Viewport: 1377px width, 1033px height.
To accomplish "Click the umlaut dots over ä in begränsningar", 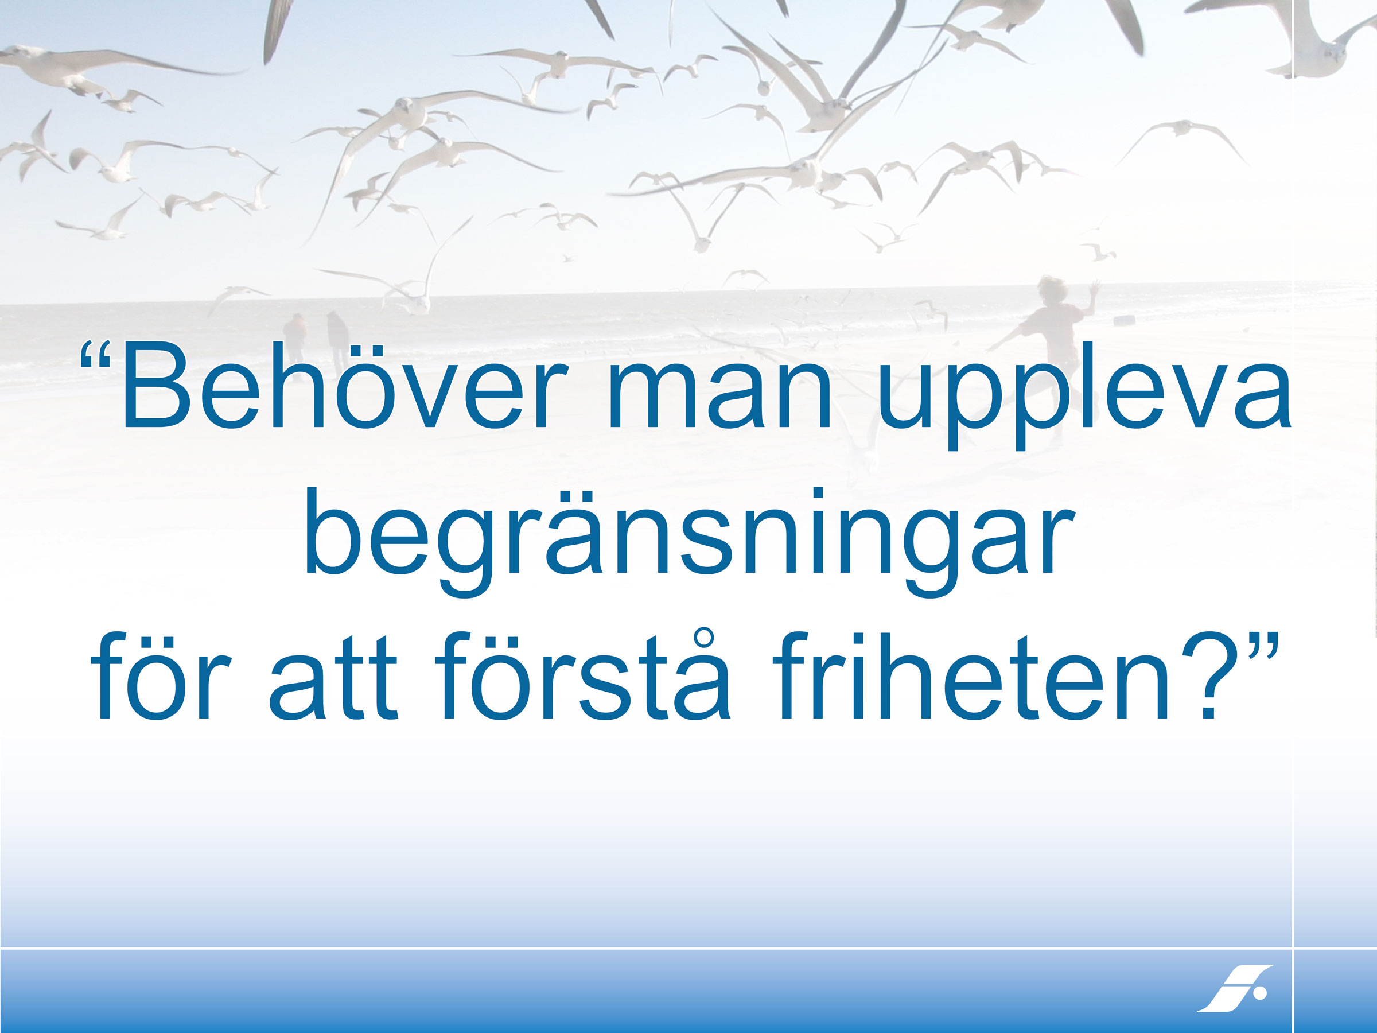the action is click(x=573, y=497).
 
